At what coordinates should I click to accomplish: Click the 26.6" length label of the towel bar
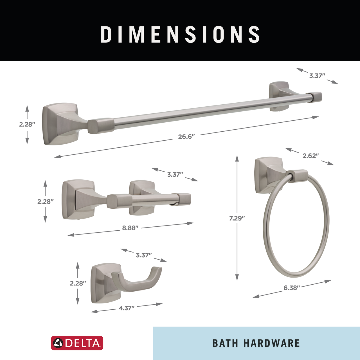point(186,137)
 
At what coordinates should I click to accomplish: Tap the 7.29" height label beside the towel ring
point(237,218)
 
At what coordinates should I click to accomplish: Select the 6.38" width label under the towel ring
point(292,288)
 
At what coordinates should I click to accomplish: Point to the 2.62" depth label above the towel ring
point(310,156)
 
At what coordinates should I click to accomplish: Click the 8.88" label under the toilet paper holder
point(130,228)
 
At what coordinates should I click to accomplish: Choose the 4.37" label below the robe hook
point(127,308)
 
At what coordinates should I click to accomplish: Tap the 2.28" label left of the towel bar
point(27,124)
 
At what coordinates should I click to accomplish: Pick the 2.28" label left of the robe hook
point(78,283)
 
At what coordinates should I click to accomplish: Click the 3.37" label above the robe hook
point(144,255)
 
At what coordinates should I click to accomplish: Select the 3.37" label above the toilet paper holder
point(175,174)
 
